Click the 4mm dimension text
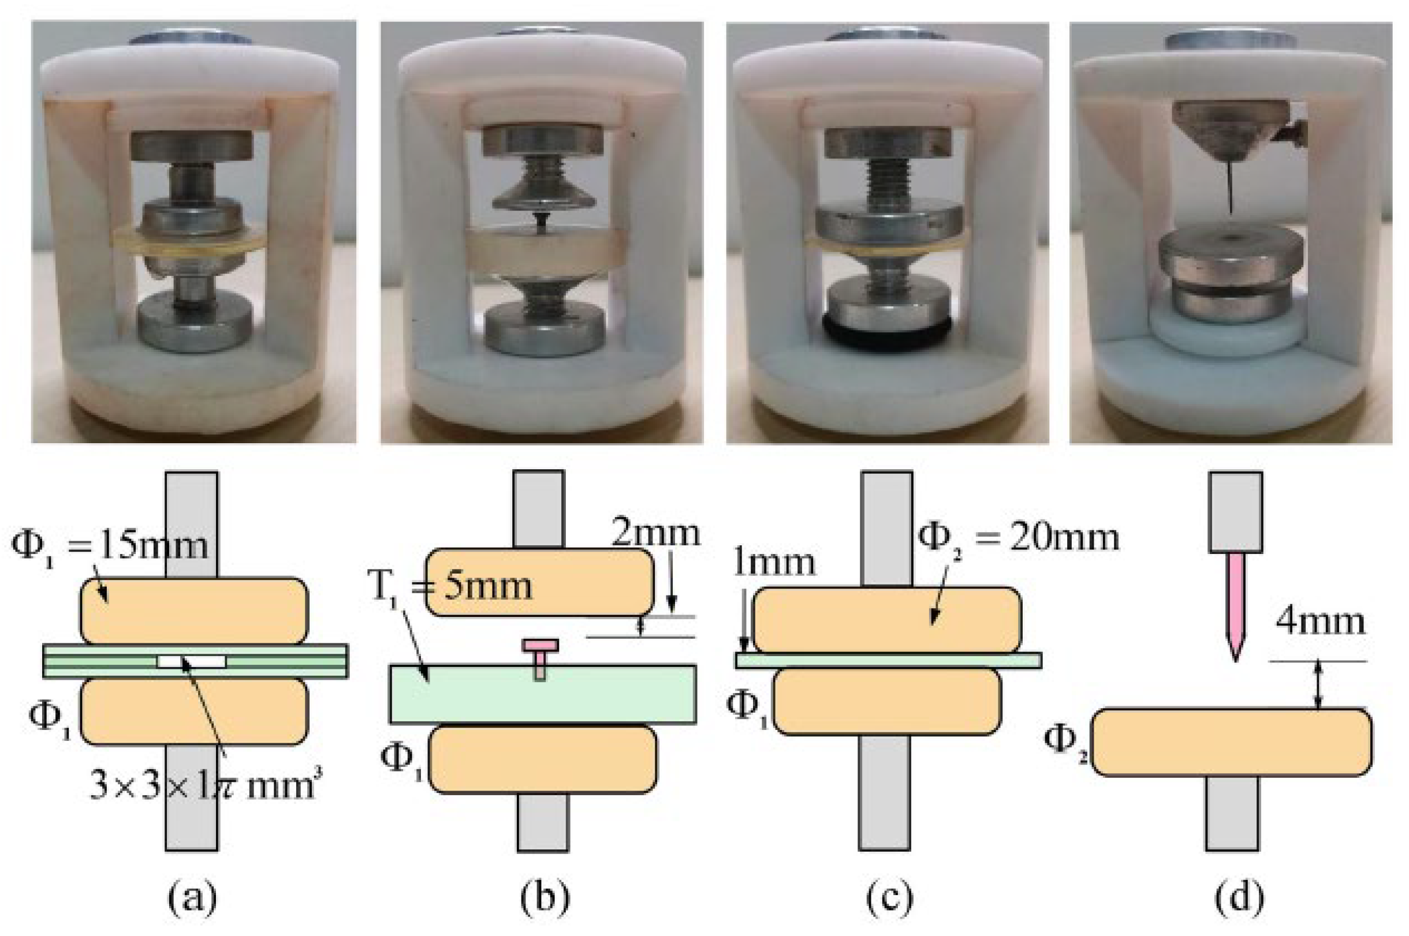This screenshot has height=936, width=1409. point(1320,623)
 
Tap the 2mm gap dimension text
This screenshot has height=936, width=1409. point(655,533)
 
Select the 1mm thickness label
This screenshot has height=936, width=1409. point(773,562)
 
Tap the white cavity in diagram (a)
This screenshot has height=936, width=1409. point(192,661)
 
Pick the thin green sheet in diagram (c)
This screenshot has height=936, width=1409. point(888,660)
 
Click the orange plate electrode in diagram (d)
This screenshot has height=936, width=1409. point(1232,742)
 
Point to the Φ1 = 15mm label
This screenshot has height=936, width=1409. point(110,545)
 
